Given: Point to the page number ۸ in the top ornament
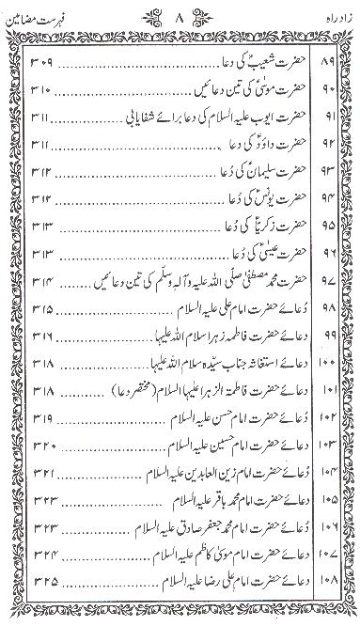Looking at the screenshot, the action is coord(180,15).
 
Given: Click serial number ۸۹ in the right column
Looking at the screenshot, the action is coord(329,65).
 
